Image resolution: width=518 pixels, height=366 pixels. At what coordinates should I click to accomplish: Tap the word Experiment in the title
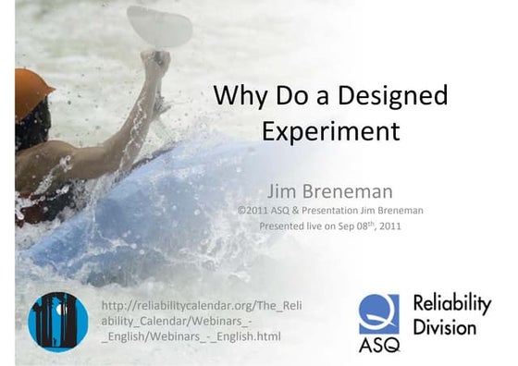click(330, 130)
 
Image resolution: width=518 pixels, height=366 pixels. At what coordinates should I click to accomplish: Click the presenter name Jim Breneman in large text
click(330, 191)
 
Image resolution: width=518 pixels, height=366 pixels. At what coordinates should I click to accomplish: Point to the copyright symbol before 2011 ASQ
click(242, 211)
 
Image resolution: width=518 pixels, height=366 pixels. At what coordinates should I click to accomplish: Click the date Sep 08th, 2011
click(365, 225)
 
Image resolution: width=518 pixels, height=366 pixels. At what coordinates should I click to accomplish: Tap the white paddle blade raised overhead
click(160, 25)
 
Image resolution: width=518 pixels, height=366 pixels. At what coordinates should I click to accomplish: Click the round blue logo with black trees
click(58, 322)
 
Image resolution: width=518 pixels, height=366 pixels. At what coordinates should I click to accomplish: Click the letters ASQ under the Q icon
click(379, 346)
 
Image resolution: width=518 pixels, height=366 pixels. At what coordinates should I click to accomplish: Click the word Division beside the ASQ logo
click(445, 327)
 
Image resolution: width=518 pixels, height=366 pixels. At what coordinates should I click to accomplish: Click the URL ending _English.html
click(190, 336)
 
